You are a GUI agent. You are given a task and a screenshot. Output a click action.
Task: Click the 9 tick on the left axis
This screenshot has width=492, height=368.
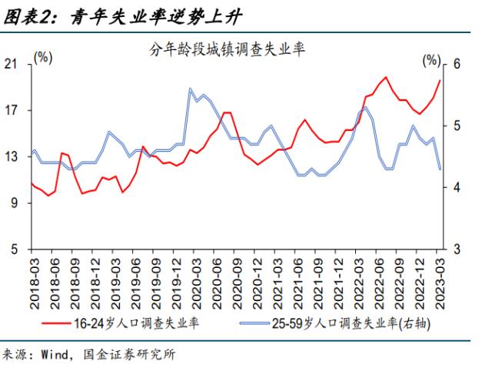tap(15, 203)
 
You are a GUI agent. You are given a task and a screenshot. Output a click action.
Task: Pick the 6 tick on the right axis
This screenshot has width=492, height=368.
tap(456, 64)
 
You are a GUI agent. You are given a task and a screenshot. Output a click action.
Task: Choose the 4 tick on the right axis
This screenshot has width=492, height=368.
tap(456, 188)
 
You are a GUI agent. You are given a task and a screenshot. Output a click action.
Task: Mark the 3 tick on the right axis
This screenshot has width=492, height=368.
tap(456, 249)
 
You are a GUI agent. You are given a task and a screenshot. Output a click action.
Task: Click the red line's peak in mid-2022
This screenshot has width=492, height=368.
tap(385, 77)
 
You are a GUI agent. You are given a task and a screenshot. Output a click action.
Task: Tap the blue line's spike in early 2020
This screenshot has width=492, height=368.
tap(190, 89)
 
